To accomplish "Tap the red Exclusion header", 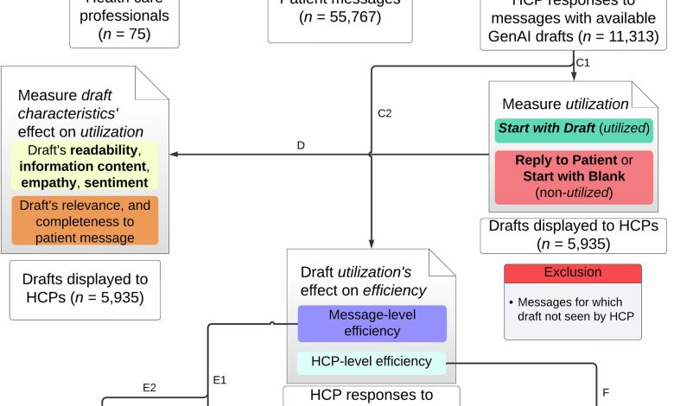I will coord(572,272).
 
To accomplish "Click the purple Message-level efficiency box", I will coord(372,321).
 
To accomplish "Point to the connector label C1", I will coord(583,62).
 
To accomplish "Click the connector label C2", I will coord(385,113).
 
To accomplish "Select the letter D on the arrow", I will coord(301,145).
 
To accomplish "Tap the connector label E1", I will coord(219,378).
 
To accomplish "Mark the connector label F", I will coord(606,393).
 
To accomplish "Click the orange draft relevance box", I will coord(85,219).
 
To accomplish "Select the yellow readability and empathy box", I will coord(85,166).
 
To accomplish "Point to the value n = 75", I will coord(125,35).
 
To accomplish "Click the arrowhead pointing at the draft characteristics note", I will coord(174,154).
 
